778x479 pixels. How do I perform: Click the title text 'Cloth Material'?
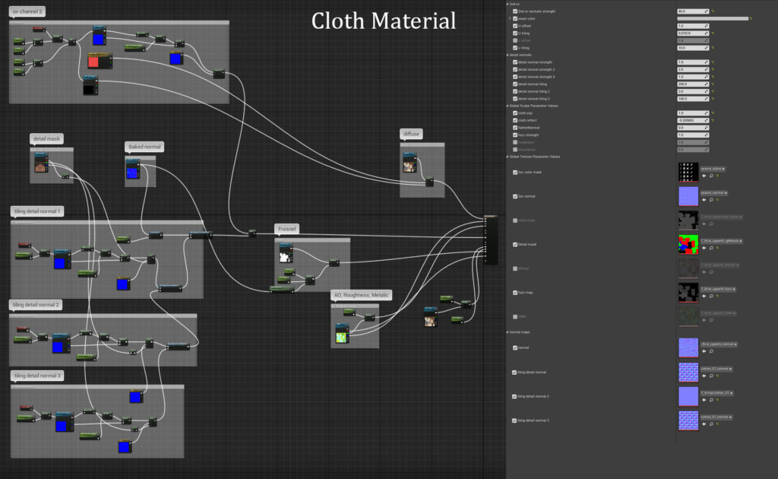point(384,21)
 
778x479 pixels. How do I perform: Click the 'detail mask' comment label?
point(46,139)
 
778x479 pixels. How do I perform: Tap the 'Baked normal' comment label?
point(144,146)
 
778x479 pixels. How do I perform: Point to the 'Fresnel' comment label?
point(288,229)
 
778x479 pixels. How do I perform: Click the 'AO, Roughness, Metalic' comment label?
point(361,295)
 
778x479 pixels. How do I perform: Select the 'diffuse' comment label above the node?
point(412,134)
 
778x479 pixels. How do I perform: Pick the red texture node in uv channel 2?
point(99,61)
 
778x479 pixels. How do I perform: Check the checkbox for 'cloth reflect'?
point(514,120)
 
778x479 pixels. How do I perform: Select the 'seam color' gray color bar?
point(712,18)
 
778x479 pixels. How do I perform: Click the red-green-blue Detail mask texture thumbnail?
point(688,244)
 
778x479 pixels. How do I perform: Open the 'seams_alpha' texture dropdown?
point(713,169)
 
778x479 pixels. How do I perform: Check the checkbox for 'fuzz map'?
point(514,292)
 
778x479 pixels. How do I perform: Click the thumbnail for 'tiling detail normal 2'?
point(688,396)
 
